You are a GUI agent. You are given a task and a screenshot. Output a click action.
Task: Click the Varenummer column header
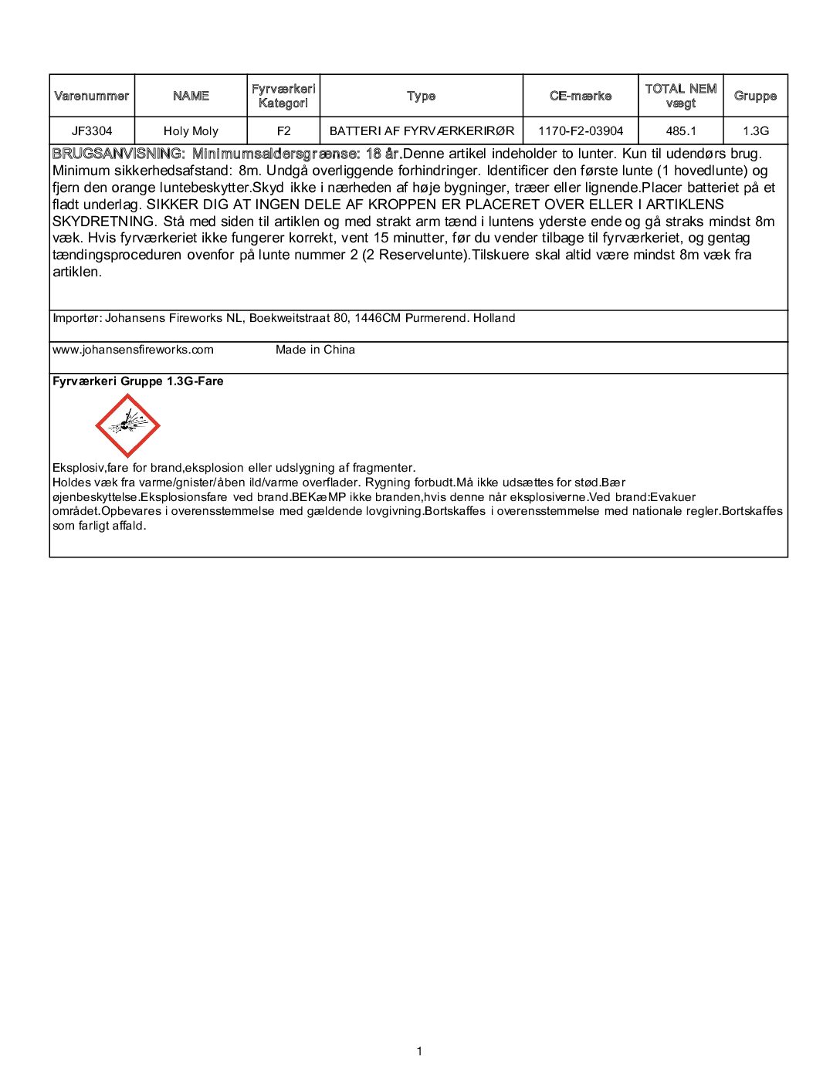tap(92, 96)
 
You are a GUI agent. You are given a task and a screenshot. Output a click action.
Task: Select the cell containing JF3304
tap(92, 131)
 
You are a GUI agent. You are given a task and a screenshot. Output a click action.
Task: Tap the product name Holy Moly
tap(191, 131)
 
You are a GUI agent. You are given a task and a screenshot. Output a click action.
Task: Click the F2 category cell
tap(283, 131)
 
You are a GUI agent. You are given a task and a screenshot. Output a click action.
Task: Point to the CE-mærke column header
tap(581, 96)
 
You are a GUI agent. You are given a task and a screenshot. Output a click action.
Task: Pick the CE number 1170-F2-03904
tap(581, 131)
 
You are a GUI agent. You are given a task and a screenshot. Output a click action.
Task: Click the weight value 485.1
tap(681, 131)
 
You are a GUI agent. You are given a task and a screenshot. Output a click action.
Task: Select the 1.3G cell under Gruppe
tap(756, 131)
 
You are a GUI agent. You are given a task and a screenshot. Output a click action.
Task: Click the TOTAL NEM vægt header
tap(681, 96)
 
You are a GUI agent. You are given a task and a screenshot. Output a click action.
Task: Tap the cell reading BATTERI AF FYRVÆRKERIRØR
tap(422, 131)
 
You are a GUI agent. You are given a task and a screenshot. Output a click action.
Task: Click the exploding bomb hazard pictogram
tap(127, 425)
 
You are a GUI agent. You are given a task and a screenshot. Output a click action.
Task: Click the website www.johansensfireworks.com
tap(133, 350)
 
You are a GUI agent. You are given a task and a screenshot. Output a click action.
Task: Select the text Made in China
tap(315, 350)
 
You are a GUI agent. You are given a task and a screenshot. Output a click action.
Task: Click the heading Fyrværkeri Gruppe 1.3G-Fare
tap(138, 381)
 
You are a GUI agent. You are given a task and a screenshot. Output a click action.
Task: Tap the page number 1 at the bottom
tap(419, 1051)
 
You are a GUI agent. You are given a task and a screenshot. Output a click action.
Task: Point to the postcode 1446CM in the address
tap(378, 318)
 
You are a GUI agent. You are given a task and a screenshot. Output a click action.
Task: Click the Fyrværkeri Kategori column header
tap(283, 96)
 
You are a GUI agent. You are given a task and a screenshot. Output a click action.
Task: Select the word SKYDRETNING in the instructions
tap(103, 222)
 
